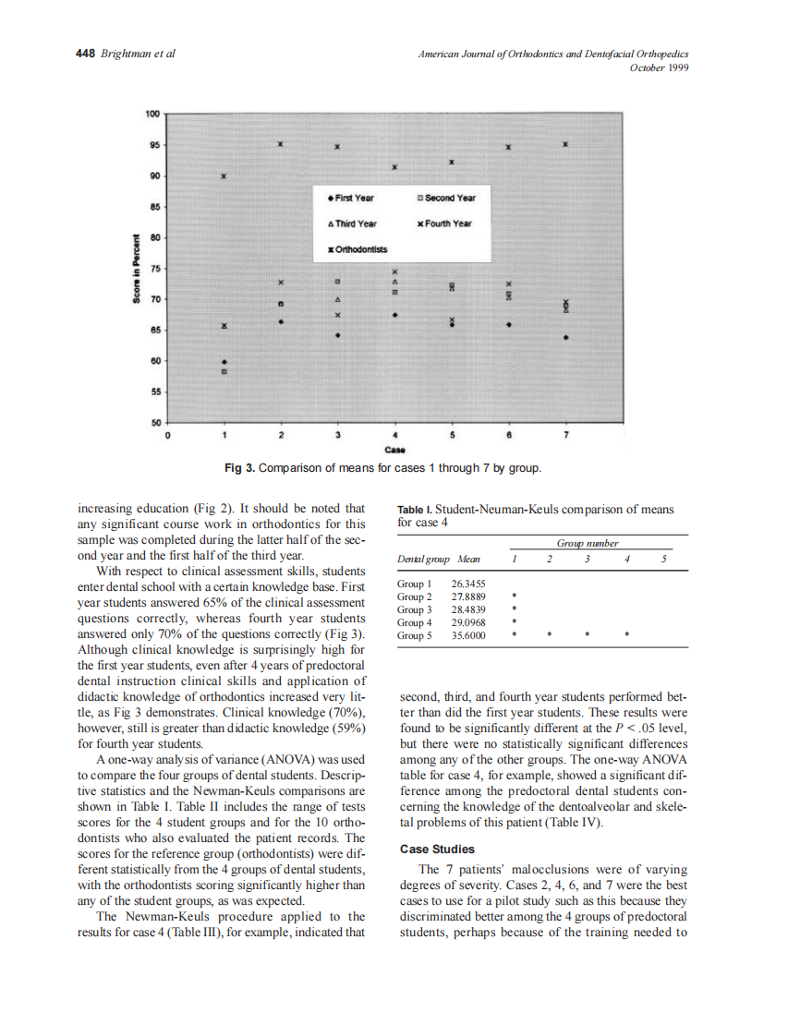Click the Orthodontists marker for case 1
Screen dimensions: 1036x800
click(x=224, y=175)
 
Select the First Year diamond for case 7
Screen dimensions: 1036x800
click(x=566, y=337)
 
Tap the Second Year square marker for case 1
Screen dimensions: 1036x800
click(x=224, y=371)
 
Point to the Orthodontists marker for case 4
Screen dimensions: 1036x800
click(x=395, y=167)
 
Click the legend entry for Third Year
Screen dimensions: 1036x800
click(x=352, y=223)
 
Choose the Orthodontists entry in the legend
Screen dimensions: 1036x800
click(x=358, y=249)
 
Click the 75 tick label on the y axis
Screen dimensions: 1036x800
click(x=155, y=268)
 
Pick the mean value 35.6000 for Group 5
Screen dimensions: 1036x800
click(x=468, y=635)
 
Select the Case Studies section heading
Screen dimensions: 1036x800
click(x=437, y=849)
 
